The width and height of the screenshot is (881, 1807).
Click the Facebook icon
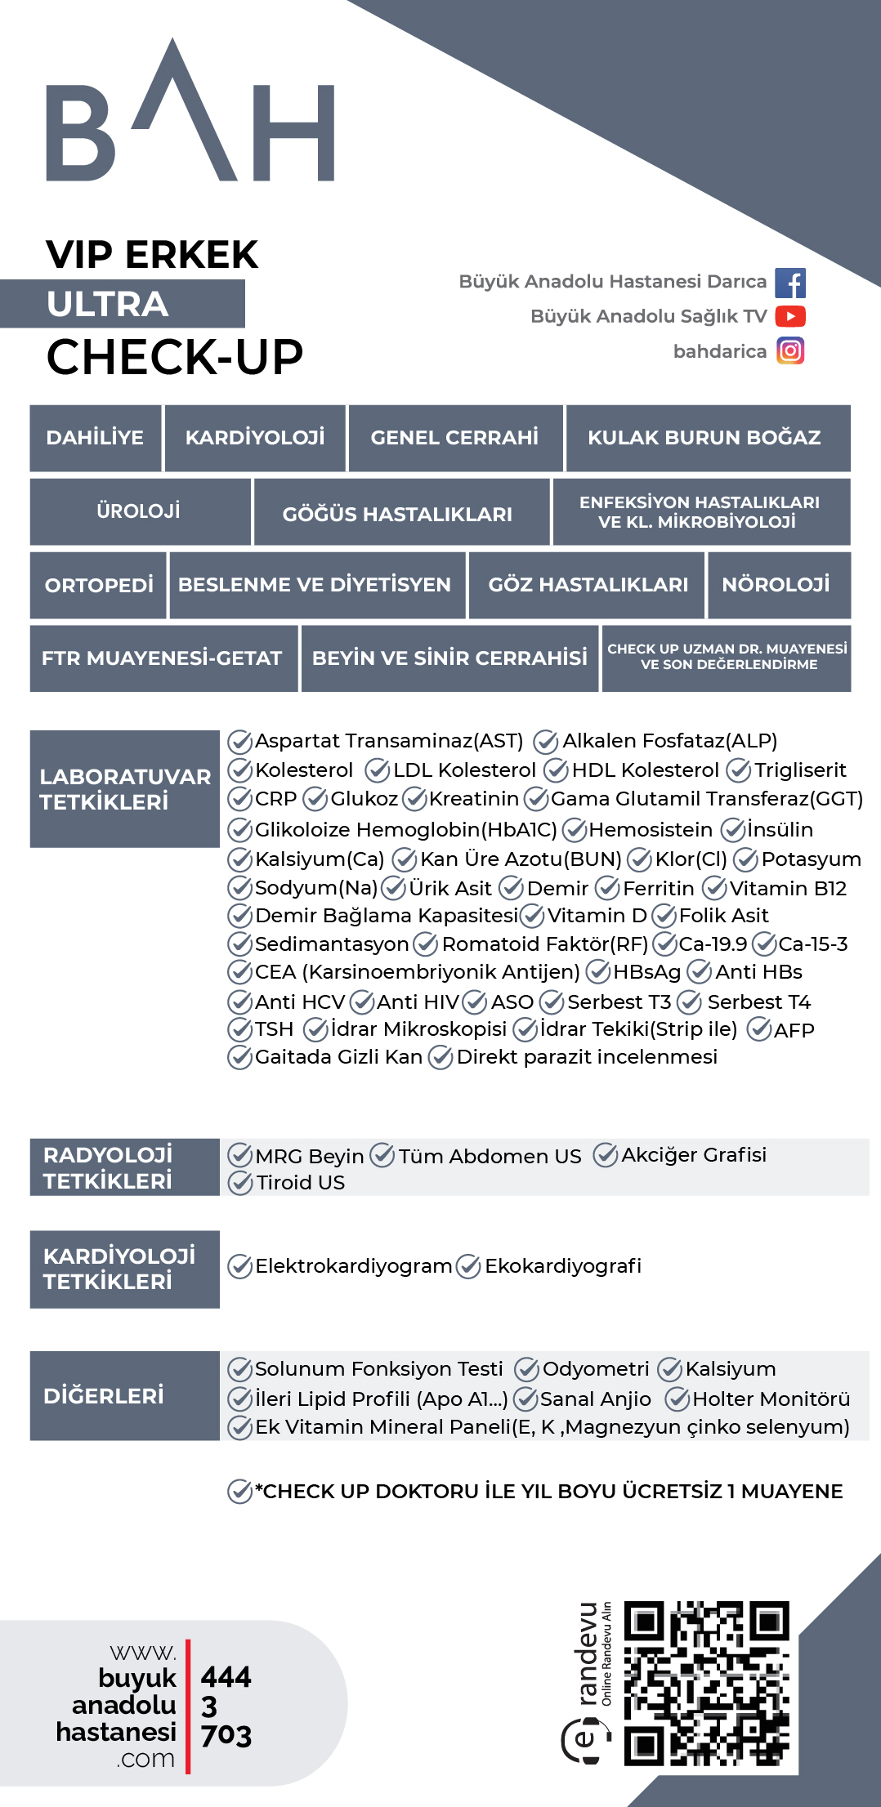[789, 283]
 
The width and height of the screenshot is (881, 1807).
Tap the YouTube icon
[790, 316]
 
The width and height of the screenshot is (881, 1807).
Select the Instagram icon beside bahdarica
[790, 351]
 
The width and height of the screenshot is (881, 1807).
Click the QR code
[706, 1683]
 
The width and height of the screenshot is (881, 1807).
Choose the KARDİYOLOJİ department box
[255, 438]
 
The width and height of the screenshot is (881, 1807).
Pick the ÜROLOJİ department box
[140, 511]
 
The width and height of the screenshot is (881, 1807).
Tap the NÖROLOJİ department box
[777, 585]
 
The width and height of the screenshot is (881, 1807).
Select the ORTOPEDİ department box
[99, 585]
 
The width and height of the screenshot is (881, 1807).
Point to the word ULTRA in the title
[108, 304]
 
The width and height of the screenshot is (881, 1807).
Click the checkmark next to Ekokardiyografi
[468, 1266]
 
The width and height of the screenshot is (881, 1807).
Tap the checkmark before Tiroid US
[239, 1182]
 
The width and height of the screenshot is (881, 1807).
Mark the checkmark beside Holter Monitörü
[677, 1399]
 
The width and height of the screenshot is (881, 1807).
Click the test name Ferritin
[658, 888]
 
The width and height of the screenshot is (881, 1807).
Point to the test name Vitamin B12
[788, 888]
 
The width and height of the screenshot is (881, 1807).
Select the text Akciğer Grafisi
[694, 1154]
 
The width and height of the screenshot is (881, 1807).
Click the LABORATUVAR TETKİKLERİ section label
[125, 789]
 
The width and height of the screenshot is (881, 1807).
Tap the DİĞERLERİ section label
[104, 1395]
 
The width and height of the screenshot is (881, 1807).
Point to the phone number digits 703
[226, 1735]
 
